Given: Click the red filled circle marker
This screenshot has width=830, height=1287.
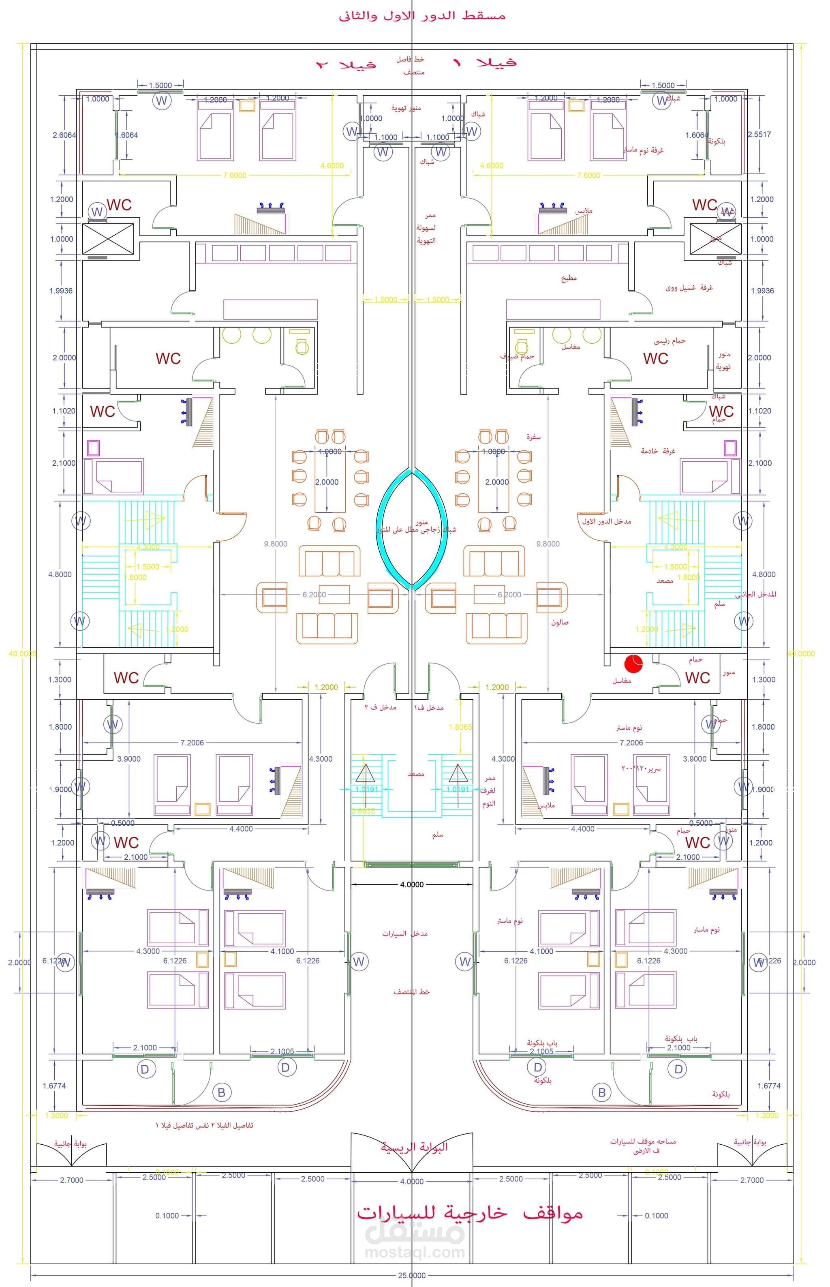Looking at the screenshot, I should click(x=634, y=662).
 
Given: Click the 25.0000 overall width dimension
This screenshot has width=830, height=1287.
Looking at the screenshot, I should click(x=412, y=1275).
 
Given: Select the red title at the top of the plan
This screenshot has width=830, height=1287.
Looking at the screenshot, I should click(x=421, y=16).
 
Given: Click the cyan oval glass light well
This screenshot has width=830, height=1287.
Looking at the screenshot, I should click(x=412, y=529).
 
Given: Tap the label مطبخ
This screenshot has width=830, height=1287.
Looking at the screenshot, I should click(x=569, y=278).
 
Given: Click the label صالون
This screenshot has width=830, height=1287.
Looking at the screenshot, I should click(x=559, y=622).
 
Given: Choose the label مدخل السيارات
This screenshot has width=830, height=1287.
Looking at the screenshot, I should click(x=405, y=933).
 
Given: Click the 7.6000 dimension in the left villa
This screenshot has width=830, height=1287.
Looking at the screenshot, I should click(x=234, y=175).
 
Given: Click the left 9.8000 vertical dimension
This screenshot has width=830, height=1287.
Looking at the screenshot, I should click(x=276, y=544).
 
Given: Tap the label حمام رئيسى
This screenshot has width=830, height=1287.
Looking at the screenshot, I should click(x=670, y=340).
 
